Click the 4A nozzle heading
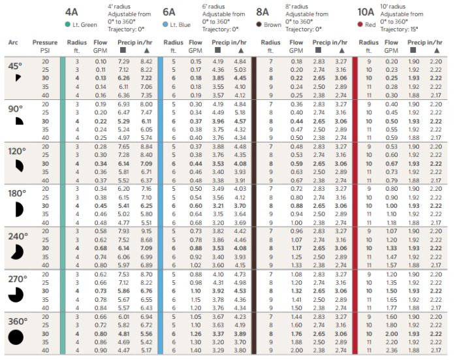click(x=71, y=12)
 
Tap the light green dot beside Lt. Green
click(x=68, y=25)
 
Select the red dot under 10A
click(x=360, y=25)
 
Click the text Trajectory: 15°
click(x=399, y=29)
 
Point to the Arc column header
click(x=13, y=42)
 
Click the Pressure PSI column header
click(x=45, y=46)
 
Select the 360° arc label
click(x=18, y=321)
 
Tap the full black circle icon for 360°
click(x=16, y=338)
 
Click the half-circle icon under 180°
click(x=19, y=210)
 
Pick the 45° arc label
click(x=15, y=66)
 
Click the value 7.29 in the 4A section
click(x=123, y=61)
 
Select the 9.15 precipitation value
click(x=146, y=231)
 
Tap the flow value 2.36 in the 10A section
click(x=391, y=350)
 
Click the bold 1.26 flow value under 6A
click(x=196, y=334)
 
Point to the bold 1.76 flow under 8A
click(x=296, y=334)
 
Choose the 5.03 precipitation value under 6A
click(x=240, y=70)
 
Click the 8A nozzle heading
click(x=262, y=12)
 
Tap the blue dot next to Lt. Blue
click(x=165, y=25)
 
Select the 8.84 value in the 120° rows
click(x=146, y=146)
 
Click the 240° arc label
click(x=18, y=236)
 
